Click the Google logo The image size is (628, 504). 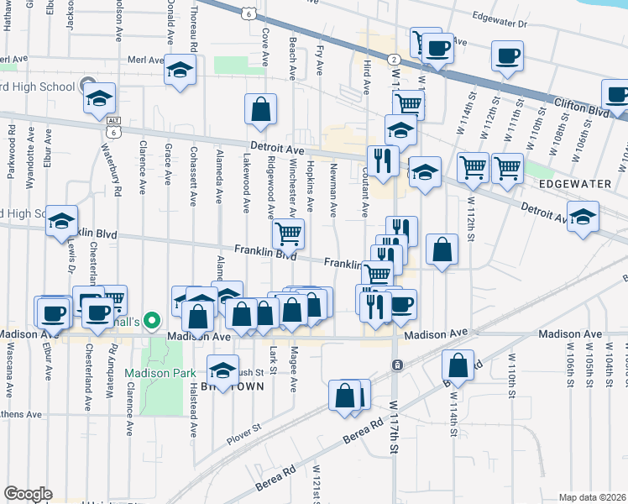pyautogui.click(x=28, y=494)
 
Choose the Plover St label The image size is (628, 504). pyautogui.click(x=244, y=438)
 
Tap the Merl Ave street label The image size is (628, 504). pyautogui.click(x=144, y=60)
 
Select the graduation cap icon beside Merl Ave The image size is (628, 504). pyautogui.click(x=180, y=71)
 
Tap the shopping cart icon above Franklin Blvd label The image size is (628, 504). pyautogui.click(x=288, y=233)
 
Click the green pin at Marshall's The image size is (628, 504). pyautogui.click(x=151, y=320)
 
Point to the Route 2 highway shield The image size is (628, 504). pyautogui.click(x=393, y=58)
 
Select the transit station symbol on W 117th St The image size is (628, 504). pyautogui.click(x=397, y=365)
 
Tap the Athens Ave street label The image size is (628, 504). pyautogui.click(x=21, y=414)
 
